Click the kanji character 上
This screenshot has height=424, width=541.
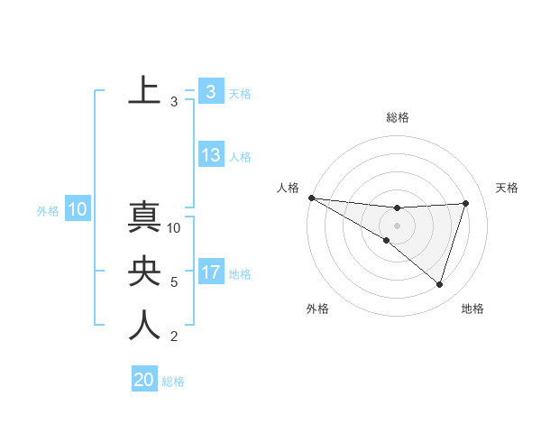coord(144,90)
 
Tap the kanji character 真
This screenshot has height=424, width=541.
coord(144,220)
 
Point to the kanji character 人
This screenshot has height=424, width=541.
coord(144,326)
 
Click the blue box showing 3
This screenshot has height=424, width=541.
coord(210,91)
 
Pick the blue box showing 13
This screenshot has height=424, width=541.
coord(211,155)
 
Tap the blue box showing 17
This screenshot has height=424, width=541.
coord(211,272)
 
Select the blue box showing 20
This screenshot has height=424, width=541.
coord(144,379)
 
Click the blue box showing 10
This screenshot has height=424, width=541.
coord(77,210)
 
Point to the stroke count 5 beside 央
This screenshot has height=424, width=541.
coord(174,282)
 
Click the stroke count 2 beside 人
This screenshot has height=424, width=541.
coord(174,337)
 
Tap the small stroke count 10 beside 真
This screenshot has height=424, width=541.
coord(175,228)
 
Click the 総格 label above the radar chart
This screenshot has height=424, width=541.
coord(398,117)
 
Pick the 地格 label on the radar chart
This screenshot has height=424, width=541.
coord(472,309)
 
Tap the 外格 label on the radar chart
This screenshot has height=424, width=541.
coord(317,309)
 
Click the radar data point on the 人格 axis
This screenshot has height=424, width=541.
coord(311,198)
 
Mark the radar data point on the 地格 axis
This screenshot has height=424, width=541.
coord(440,284)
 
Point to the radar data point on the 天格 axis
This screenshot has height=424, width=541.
coord(466,203)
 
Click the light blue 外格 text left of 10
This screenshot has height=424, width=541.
coord(48,211)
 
